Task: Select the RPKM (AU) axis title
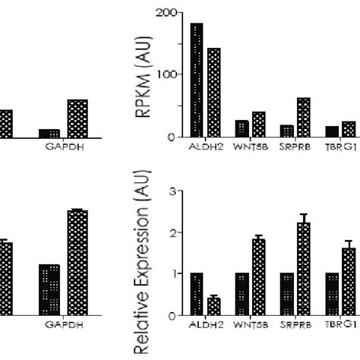142,74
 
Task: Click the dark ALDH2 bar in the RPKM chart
197,80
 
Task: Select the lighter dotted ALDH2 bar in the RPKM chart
213,92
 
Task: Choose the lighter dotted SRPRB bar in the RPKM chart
303,117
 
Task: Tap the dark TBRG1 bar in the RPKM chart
332,131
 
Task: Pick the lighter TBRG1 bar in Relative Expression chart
349,281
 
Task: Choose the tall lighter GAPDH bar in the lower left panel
77,263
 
